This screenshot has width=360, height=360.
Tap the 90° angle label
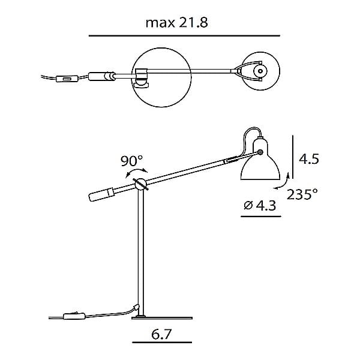131,161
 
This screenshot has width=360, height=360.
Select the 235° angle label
302,194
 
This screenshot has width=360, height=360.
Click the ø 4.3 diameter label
259,206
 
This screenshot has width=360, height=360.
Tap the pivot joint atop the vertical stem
141,185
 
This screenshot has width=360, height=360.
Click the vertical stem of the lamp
142,252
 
